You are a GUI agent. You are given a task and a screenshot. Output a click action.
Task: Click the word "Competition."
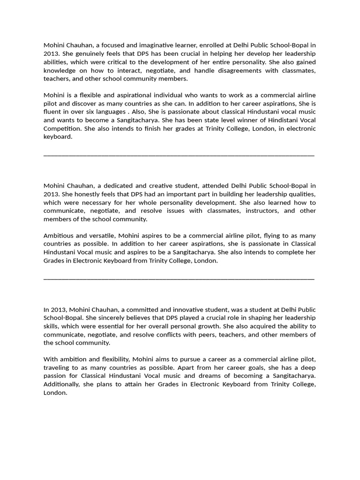[x=62, y=128]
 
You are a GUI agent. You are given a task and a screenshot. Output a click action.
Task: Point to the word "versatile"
[x=101, y=236]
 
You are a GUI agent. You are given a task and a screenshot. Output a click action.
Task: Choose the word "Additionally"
[x=63, y=384]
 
